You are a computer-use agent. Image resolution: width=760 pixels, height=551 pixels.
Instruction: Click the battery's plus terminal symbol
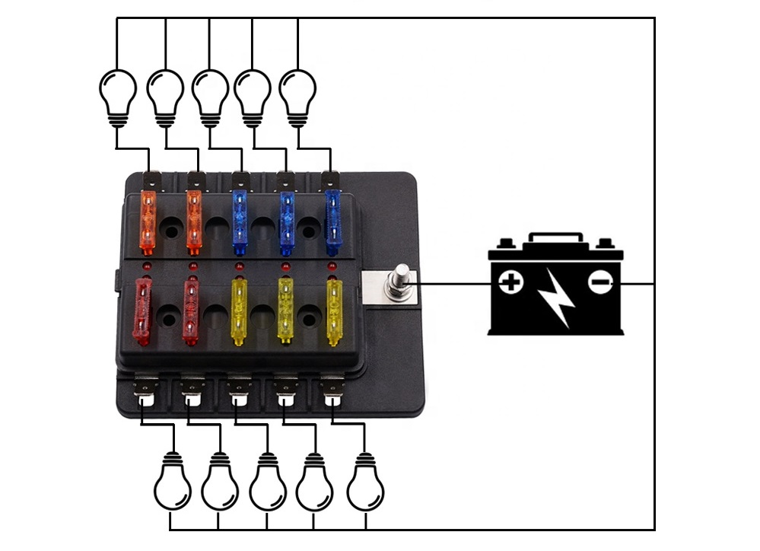511,284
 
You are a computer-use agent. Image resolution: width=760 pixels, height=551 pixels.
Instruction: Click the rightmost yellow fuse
334,311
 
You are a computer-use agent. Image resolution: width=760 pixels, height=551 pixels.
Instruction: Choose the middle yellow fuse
286,311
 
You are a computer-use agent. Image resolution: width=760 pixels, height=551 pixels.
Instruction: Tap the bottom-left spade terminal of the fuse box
144,391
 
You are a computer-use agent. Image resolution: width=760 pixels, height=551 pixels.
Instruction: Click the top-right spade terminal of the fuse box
329,180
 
